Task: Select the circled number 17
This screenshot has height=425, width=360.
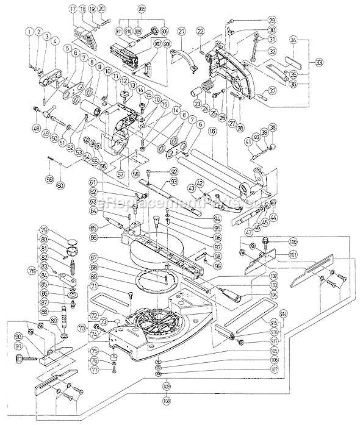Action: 73,9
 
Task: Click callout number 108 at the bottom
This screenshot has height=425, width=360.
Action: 167,401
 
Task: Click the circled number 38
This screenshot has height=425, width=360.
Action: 272,127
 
